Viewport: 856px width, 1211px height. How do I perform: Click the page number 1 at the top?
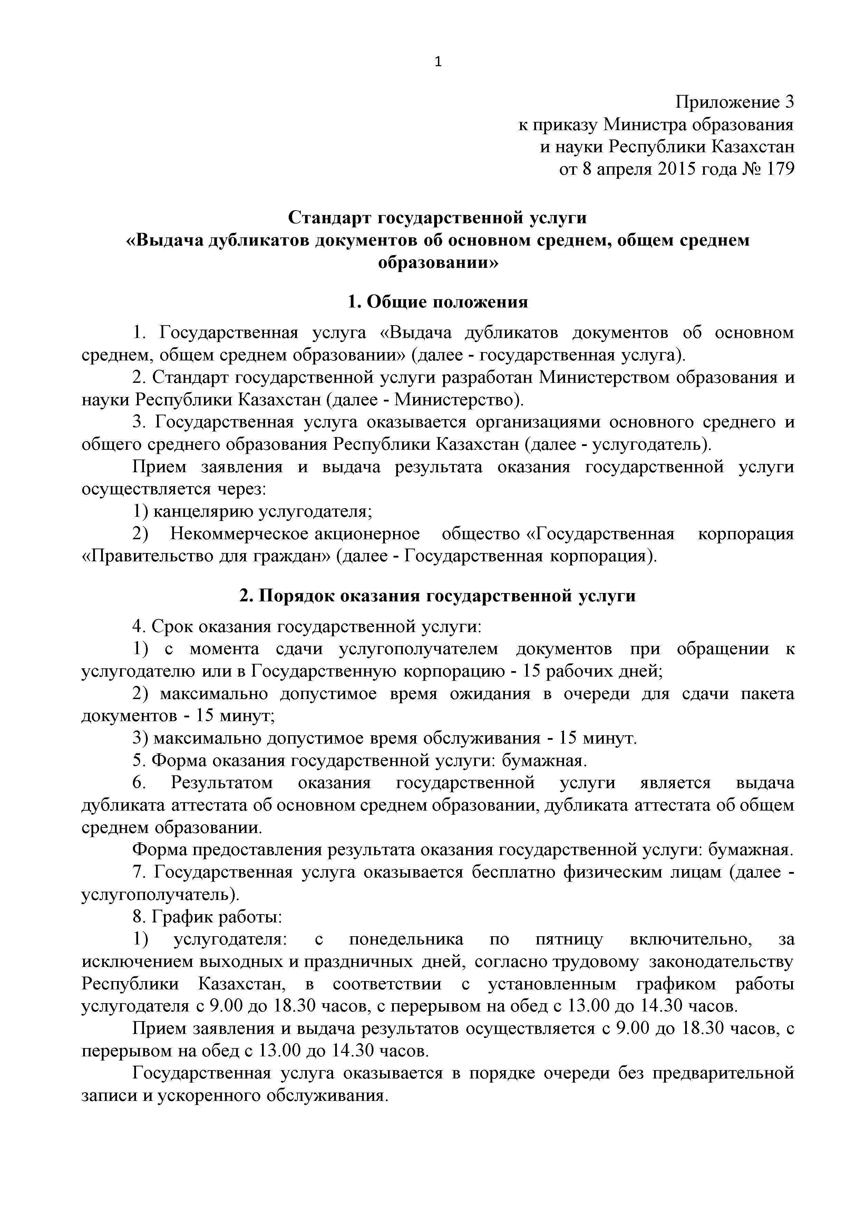(438, 62)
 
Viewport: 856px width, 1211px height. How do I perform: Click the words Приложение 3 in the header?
(735, 102)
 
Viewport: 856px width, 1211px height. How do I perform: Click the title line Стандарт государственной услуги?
(437, 217)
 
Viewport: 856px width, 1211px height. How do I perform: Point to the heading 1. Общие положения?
(437, 302)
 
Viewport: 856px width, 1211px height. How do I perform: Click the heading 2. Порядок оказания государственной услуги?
(437, 595)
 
